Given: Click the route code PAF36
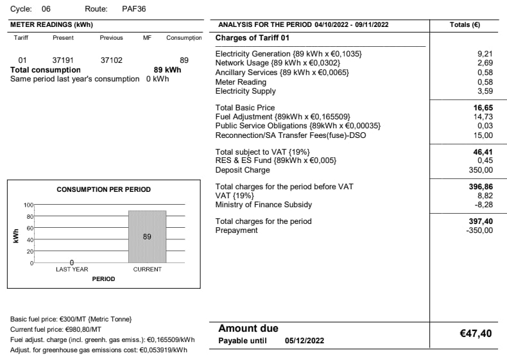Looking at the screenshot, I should [133, 9].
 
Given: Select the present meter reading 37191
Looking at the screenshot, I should [63, 60].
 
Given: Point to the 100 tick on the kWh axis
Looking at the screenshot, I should [28, 205].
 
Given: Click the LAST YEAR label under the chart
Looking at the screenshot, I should [72, 270].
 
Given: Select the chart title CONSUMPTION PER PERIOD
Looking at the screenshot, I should [103, 189].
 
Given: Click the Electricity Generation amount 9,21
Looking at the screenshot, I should [485, 54].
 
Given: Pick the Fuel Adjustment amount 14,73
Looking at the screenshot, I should [483, 117].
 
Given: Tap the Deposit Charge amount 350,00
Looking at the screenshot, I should [481, 170].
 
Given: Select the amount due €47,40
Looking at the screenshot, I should [476, 334].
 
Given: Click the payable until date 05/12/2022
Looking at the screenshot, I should [304, 341].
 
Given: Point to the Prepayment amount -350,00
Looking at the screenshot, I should [479, 230].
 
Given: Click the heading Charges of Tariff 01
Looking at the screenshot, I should [253, 38].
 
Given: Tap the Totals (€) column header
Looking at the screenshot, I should [465, 24].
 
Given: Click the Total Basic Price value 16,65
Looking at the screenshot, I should [483, 108].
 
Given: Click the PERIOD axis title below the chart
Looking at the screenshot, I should [103, 279].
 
